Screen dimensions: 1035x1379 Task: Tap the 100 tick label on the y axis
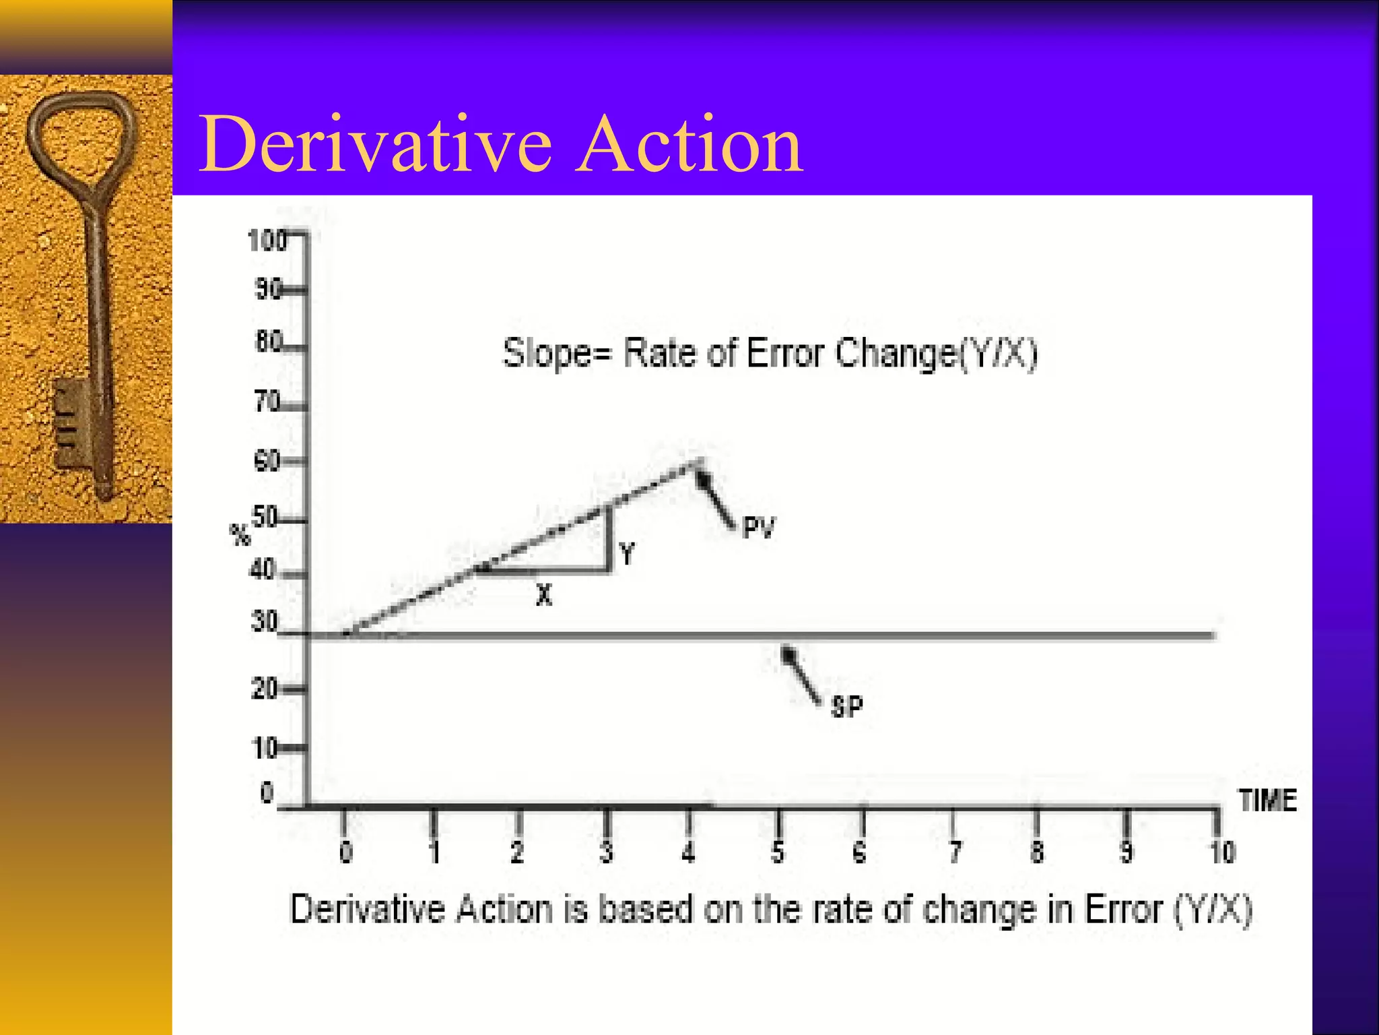click(267, 241)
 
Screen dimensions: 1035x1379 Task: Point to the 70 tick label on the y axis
click(267, 402)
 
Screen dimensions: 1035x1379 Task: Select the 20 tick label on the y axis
click(263, 689)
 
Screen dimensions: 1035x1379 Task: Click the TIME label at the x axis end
click(1267, 801)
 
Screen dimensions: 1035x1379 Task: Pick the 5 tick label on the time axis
click(777, 853)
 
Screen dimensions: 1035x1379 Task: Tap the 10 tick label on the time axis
click(1222, 853)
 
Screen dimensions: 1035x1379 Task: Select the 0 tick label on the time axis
click(345, 853)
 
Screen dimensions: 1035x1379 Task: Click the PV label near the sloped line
click(759, 528)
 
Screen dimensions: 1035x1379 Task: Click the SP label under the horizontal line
click(846, 707)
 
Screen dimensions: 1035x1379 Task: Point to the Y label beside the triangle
click(627, 554)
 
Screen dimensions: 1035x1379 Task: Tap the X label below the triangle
click(544, 595)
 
